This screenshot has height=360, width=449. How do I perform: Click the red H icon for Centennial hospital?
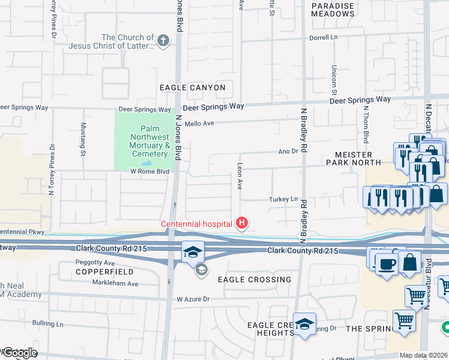pos(242,224)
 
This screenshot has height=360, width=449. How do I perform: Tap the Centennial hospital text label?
pos(196,224)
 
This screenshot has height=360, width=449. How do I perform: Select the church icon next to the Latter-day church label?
pos(162,41)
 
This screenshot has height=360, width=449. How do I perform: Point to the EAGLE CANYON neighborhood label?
pos(193,88)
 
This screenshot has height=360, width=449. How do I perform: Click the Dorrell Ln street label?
pos(325,37)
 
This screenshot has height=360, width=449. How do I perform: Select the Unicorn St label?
pos(334,80)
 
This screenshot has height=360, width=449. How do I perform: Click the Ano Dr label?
pos(288,152)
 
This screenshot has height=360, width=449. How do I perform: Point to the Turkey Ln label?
pos(285,199)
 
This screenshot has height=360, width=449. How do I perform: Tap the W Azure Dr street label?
pos(193,299)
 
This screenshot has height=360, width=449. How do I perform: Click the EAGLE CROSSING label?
pos(255,280)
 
